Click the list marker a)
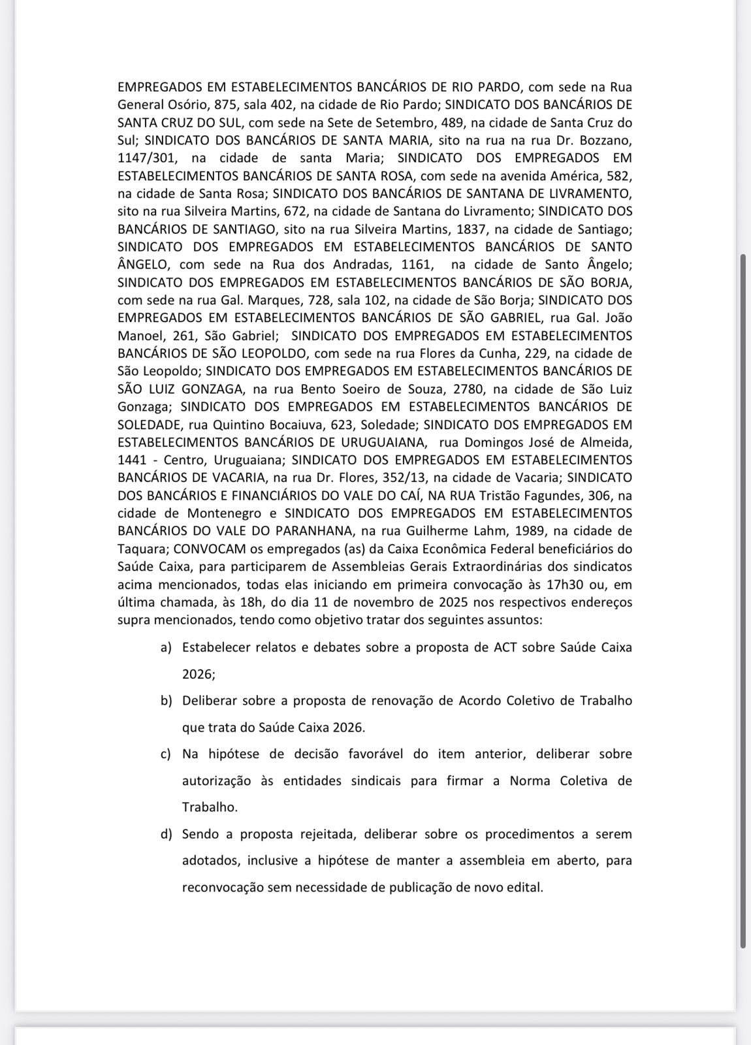166,648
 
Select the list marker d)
166,834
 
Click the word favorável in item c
375,754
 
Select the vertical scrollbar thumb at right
743,601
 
